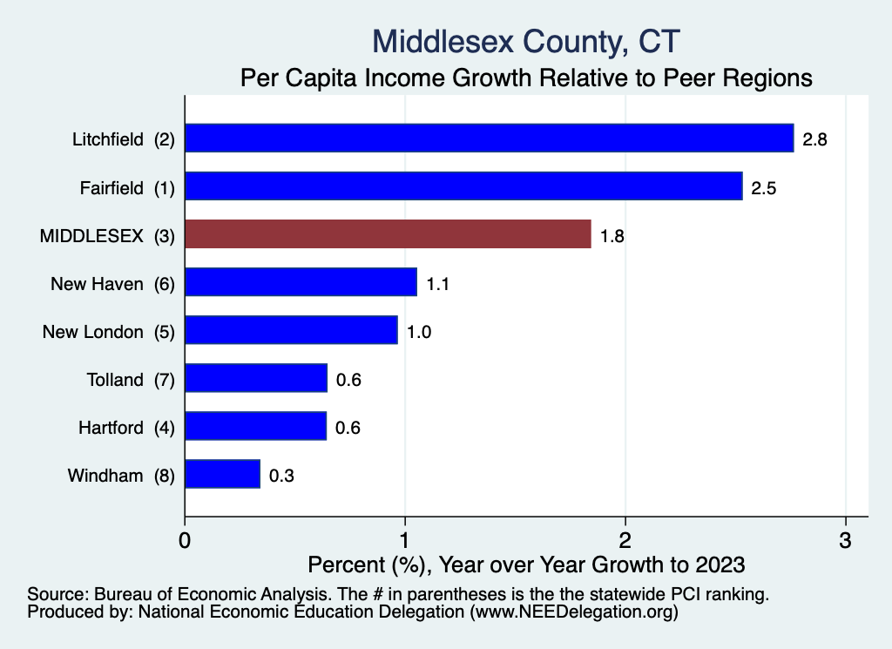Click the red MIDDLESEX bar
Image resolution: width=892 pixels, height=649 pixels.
[388, 234]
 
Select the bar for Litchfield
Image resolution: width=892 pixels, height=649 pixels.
[489, 139]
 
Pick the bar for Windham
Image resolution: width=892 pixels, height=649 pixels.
[222, 474]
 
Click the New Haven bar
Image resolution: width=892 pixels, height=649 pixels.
[301, 282]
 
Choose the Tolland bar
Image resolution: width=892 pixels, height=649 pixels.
[256, 378]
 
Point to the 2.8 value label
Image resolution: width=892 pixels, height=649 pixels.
[814, 139]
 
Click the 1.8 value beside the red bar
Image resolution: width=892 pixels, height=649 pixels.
[612, 235]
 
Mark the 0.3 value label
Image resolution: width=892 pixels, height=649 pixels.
[281, 475]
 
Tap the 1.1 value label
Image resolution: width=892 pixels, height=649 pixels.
[437, 283]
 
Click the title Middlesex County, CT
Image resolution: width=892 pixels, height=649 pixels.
[526, 40]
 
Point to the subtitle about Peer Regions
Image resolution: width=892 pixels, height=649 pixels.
[526, 78]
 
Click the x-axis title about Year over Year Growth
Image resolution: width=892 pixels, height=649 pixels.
[526, 564]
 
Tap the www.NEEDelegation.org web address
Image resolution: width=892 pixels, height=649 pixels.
[573, 612]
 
